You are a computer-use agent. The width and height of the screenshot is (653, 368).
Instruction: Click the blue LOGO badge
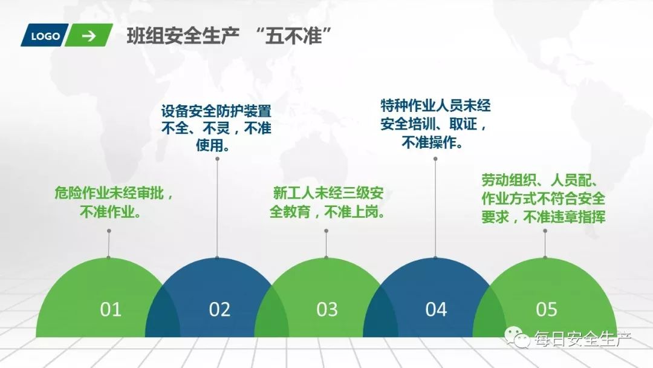point(45,36)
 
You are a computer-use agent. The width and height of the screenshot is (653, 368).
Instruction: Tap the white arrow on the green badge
point(89,36)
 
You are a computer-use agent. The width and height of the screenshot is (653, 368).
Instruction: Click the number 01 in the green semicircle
point(111,309)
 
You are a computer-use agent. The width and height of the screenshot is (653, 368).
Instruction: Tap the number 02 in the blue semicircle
point(219,309)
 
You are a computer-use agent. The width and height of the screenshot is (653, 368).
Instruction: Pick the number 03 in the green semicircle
point(327,309)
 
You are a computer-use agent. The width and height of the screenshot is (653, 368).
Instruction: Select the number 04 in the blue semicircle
point(436,309)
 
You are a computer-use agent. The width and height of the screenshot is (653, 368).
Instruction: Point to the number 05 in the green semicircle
point(546,309)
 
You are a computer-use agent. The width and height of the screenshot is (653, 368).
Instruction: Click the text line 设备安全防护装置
point(216,111)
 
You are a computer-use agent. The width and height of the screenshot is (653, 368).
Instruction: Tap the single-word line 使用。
point(216,145)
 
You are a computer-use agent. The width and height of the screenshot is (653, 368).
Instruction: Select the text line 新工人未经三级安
point(328,195)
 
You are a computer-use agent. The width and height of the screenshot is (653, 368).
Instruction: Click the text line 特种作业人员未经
point(435,107)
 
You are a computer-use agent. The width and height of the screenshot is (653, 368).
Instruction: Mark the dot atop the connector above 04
point(435,159)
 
